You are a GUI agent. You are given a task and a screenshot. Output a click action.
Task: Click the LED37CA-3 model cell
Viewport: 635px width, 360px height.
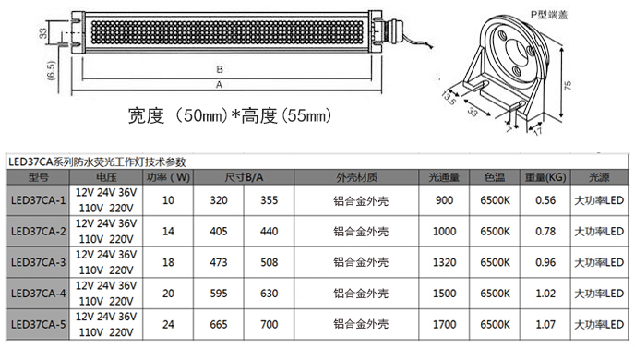38,262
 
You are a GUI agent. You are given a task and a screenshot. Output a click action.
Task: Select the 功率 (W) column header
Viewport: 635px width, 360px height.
168,177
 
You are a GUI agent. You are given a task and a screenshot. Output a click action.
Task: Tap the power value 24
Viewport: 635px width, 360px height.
168,324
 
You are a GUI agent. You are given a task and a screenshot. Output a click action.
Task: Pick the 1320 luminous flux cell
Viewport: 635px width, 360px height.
444,262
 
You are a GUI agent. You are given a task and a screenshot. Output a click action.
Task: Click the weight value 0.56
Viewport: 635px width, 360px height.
545,200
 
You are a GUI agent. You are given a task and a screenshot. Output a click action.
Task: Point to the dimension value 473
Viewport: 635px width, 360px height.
219,262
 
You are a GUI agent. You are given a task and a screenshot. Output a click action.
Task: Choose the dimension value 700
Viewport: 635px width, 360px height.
270,324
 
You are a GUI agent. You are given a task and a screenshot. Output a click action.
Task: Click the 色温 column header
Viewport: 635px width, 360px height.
495,177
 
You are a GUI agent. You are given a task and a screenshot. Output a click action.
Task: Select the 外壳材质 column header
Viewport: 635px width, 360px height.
356,177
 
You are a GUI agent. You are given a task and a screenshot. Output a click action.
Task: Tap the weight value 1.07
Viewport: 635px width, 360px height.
545,324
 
